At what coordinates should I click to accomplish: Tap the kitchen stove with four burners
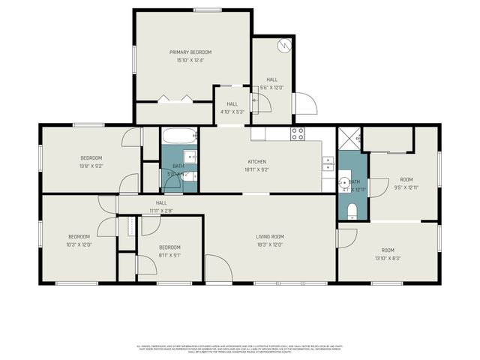coord(298,134)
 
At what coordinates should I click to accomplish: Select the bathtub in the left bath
coord(179,137)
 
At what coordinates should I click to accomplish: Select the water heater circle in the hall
coord(283,45)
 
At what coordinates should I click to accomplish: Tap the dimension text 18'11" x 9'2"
coord(257,169)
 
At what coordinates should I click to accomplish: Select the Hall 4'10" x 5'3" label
coord(232,108)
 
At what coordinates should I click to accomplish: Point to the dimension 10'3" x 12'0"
coord(78,244)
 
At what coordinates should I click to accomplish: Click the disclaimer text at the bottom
coord(240,349)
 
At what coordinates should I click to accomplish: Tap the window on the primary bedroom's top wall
coord(206,10)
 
